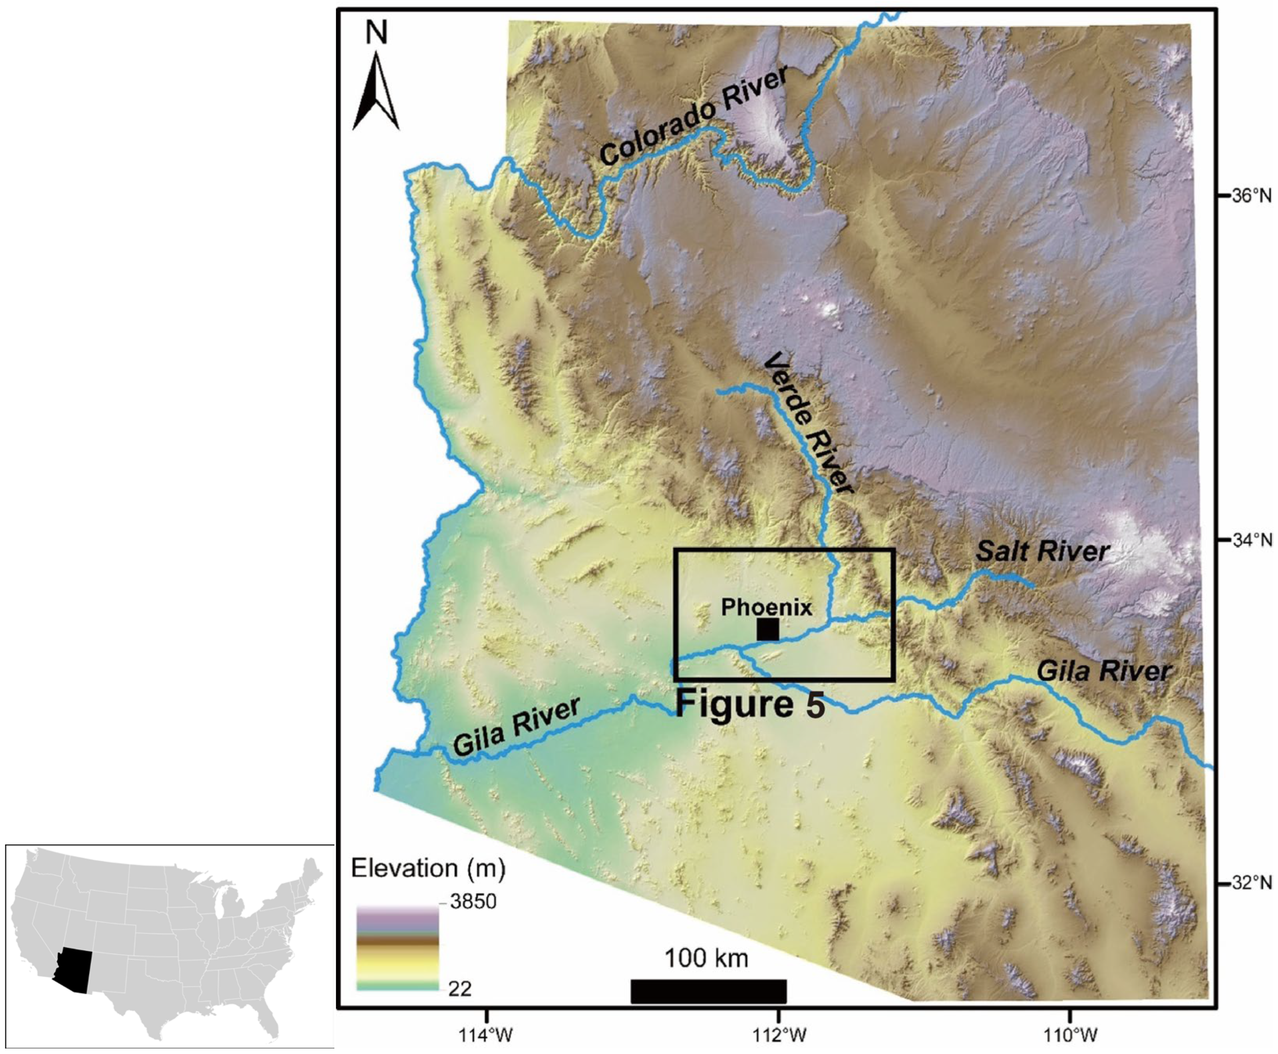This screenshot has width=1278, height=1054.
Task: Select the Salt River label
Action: click(x=1043, y=551)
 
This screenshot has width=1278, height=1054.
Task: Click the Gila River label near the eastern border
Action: click(x=1104, y=671)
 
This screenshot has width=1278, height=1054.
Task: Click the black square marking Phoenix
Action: click(x=768, y=630)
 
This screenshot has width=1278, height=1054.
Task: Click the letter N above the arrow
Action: click(x=376, y=34)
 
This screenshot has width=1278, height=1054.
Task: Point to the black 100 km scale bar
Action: click(x=708, y=991)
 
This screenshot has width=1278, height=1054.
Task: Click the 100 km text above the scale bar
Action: click(x=706, y=958)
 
